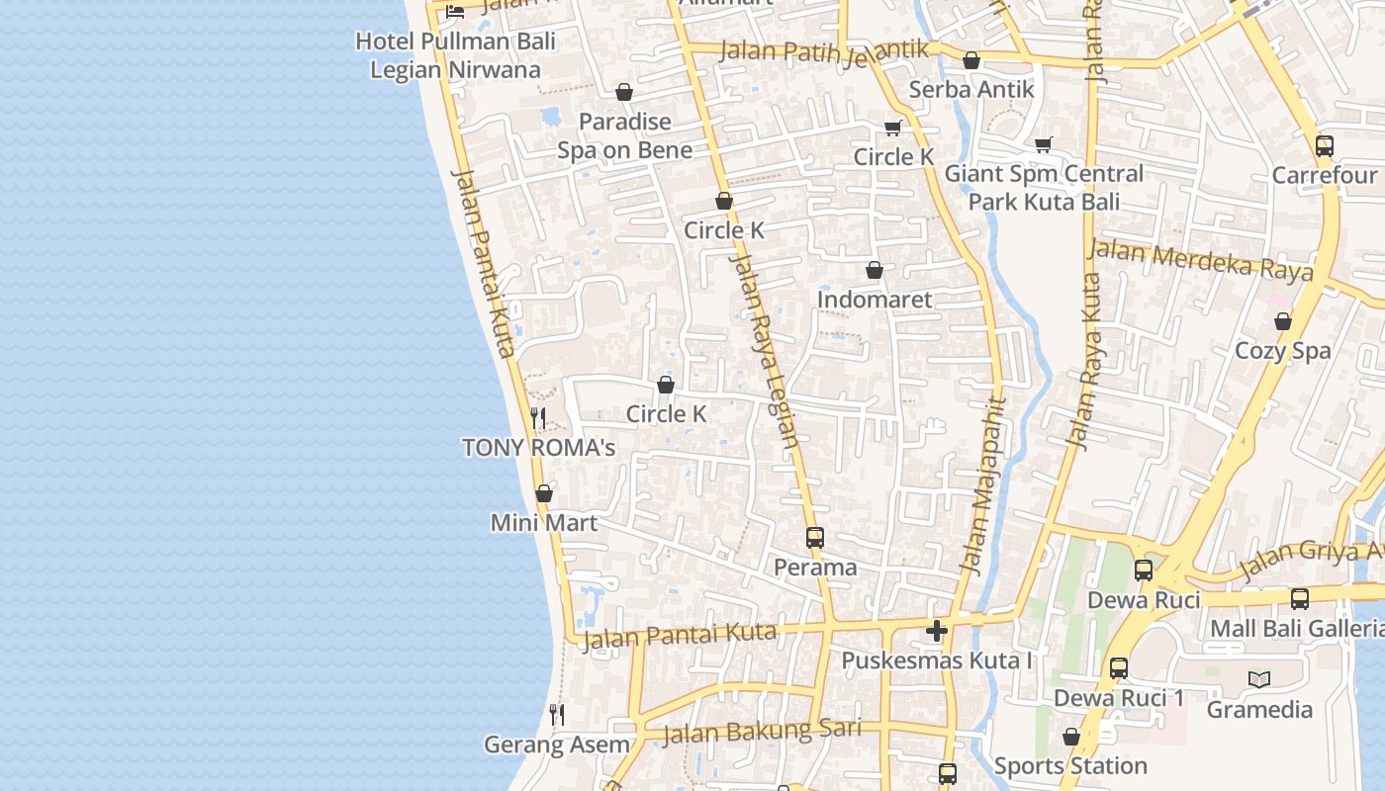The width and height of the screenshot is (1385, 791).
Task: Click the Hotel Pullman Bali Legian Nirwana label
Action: [x=455, y=55]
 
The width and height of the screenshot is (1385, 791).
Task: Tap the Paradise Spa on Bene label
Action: [x=624, y=135]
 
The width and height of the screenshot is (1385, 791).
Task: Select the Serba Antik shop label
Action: [x=971, y=89]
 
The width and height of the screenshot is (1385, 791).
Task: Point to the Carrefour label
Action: [x=1325, y=175]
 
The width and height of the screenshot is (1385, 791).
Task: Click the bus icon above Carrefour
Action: [x=1325, y=146]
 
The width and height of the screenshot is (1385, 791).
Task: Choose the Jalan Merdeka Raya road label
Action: [x=1201, y=259]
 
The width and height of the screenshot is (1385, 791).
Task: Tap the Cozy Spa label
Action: [x=1282, y=351]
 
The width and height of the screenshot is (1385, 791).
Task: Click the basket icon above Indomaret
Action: [x=874, y=270]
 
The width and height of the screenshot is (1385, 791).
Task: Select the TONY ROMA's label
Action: [x=538, y=448]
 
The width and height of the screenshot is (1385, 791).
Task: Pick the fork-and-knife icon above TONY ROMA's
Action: [x=538, y=418]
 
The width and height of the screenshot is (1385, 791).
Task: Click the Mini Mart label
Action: [x=544, y=522]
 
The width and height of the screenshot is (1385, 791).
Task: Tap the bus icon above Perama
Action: [x=814, y=538]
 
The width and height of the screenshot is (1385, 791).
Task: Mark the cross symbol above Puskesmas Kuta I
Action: [x=937, y=630]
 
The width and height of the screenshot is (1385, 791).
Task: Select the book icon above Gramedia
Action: [x=1258, y=679]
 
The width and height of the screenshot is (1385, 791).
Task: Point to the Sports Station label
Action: [x=1070, y=766]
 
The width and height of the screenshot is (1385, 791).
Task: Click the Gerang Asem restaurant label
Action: [x=557, y=745]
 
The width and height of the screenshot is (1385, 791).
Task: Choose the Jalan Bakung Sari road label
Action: [x=762, y=732]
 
